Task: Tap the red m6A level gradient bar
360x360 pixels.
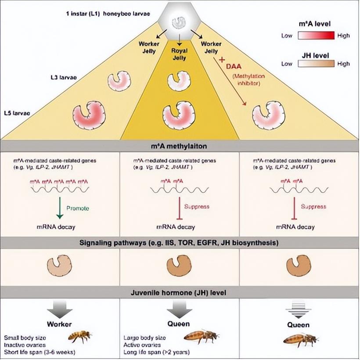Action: (x=315, y=36)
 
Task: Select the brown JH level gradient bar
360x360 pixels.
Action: (x=315, y=63)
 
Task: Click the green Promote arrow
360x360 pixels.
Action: (x=59, y=206)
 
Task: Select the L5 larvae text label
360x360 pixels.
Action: (x=17, y=113)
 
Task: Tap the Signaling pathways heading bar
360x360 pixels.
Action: (x=180, y=242)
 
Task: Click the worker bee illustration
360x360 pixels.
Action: (x=79, y=336)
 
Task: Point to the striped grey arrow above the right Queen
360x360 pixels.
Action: (x=299, y=310)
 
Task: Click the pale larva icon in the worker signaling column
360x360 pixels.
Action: (x=59, y=266)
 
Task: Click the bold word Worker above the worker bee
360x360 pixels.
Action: (x=60, y=324)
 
